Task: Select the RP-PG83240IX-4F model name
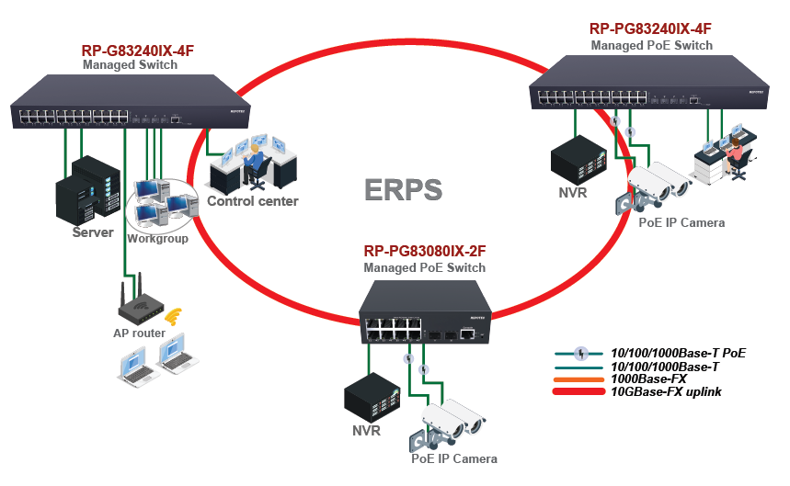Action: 651,29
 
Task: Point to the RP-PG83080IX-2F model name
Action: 424,251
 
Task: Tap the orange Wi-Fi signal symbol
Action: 172,318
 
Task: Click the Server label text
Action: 93,232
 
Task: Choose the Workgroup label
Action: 158,239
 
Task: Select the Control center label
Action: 252,201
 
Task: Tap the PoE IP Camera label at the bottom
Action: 454,458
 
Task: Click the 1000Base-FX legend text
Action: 648,379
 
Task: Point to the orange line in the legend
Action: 579,379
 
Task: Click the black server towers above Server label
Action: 86,188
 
